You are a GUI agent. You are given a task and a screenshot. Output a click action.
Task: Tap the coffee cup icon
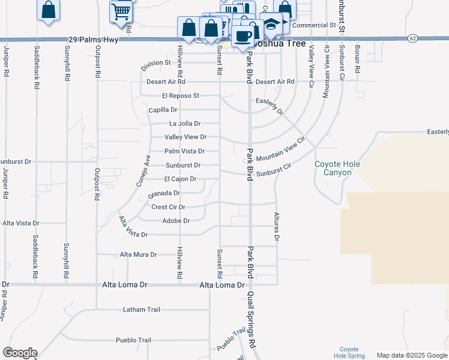tap(243, 35)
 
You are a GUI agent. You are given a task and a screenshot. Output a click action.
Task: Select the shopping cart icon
tap(121, 10)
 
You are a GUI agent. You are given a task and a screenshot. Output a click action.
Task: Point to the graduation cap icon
tap(272, 25)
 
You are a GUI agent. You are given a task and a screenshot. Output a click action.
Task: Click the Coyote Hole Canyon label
tap(333, 169)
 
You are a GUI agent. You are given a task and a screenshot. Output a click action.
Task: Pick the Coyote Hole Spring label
tap(349, 352)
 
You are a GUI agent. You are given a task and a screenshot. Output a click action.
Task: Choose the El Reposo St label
tap(180, 95)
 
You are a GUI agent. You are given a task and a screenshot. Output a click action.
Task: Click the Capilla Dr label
tap(163, 110)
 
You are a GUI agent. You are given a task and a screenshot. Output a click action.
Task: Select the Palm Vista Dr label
tap(184, 151)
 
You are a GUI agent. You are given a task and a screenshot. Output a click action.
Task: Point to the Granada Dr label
tap(164, 194)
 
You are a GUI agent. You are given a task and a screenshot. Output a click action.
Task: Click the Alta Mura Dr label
tap(138, 254)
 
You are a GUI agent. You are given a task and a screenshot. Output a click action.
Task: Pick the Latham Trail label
tap(142, 310)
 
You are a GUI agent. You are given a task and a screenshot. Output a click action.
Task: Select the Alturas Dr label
tap(277, 226)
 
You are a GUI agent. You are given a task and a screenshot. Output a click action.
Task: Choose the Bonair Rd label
tap(357, 58)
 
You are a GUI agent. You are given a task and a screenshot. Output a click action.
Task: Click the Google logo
tap(20, 353)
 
